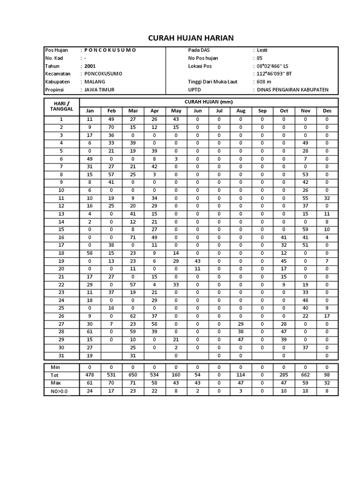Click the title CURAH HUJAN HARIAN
(x=191, y=38)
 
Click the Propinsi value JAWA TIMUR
(x=99, y=90)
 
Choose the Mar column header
(x=133, y=111)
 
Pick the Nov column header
(x=306, y=111)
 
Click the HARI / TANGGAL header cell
(x=61, y=106)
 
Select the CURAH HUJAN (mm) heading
(x=209, y=102)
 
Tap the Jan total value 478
(x=90, y=375)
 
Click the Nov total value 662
(x=306, y=375)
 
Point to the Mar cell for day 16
(x=133, y=238)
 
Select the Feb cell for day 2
(x=112, y=127)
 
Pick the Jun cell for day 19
(x=198, y=261)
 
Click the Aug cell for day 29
(x=241, y=339)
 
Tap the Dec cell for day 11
(x=327, y=198)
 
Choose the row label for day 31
(x=61, y=355)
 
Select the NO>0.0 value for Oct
(x=284, y=391)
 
